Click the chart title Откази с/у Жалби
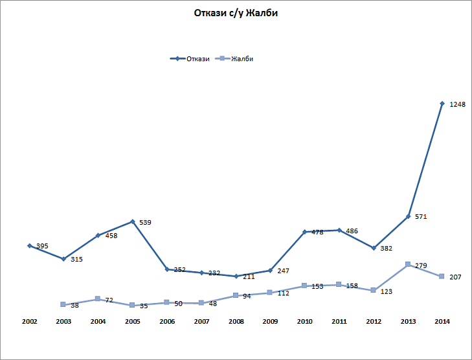point(236,13)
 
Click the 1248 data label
point(458,104)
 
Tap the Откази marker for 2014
point(442,104)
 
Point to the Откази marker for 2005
point(133,221)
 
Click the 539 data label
point(145,223)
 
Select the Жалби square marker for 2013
point(408,264)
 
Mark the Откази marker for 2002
point(29,245)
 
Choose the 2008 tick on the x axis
point(236,321)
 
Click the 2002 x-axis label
point(29,321)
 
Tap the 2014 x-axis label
point(442,321)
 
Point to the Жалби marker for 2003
point(63,304)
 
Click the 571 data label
point(421,217)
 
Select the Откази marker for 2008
point(236,276)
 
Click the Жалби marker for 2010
point(304,286)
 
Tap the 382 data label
point(387,249)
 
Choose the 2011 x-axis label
point(339,321)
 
